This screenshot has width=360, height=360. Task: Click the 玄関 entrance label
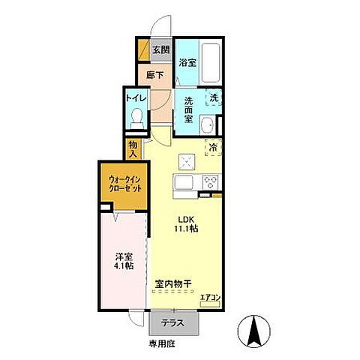[x=160, y=51]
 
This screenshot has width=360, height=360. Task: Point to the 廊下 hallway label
[x=154, y=75]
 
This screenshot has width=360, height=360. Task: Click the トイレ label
[x=135, y=97]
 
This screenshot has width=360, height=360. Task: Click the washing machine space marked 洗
[x=214, y=98]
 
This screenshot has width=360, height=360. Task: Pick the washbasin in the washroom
[x=212, y=124]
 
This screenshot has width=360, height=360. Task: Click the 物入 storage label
[x=133, y=148]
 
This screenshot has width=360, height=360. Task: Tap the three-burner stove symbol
[x=210, y=182]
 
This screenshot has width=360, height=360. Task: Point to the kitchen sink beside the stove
[x=184, y=182]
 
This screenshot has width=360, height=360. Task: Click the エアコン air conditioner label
[x=210, y=298]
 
